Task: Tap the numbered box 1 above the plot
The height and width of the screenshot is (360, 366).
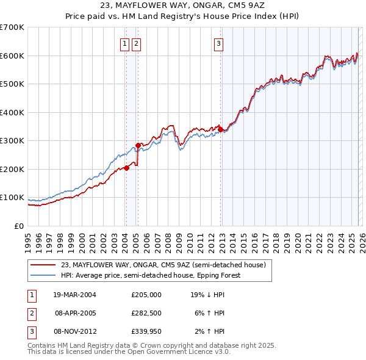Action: point(124,43)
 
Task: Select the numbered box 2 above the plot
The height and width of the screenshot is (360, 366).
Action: point(135,43)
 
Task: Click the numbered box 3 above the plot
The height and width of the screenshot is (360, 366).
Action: point(218,43)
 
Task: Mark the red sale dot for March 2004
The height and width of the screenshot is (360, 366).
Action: point(126,168)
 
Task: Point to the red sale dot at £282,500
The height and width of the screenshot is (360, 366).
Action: point(138,145)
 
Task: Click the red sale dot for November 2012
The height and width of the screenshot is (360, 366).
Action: point(220,129)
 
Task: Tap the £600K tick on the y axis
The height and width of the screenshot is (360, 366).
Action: point(12,56)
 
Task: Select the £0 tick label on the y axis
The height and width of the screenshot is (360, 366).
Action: point(20,226)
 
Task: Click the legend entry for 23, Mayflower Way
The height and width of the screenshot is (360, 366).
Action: point(163,265)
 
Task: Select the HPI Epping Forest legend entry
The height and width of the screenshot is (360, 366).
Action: point(151,275)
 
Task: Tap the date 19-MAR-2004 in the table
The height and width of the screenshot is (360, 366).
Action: point(75,294)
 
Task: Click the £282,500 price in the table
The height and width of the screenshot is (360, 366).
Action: point(146,312)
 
